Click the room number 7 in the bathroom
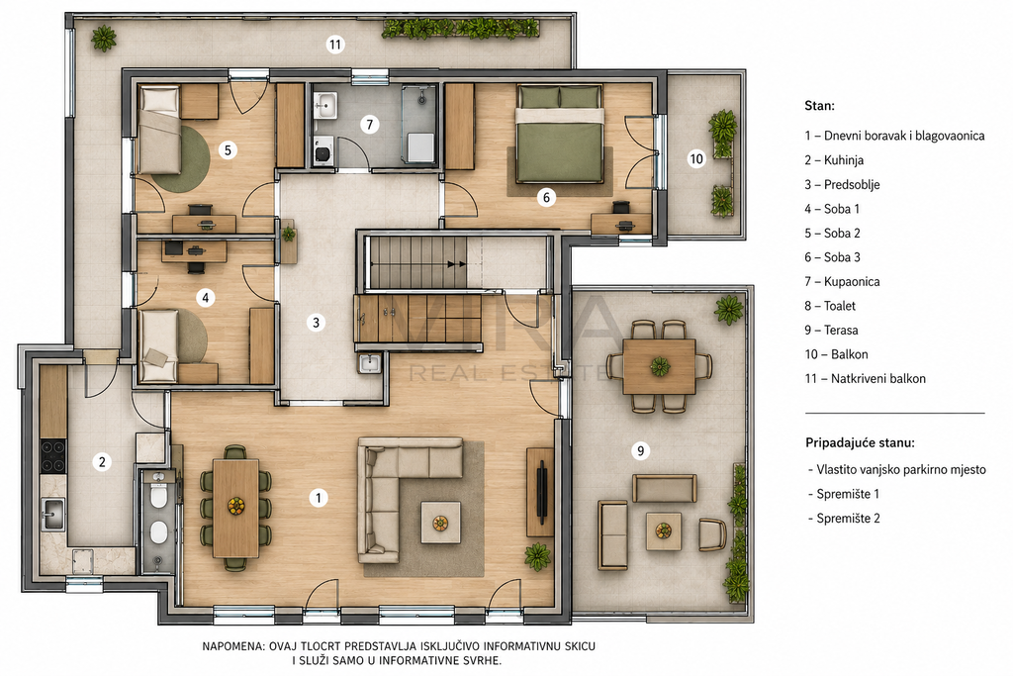[370, 124]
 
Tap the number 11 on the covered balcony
[334, 45]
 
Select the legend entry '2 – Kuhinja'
[834, 160]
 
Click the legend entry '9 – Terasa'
[831, 331]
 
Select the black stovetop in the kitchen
[53, 455]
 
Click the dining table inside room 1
[235, 508]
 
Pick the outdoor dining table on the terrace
[660, 366]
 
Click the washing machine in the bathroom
[322, 150]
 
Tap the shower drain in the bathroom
[421, 100]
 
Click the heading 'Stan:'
[819, 106]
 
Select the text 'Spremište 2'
[848, 519]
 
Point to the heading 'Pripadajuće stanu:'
[860, 443]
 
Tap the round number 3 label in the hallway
[316, 323]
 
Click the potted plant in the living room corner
[537, 556]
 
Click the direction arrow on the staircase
[457, 264]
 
